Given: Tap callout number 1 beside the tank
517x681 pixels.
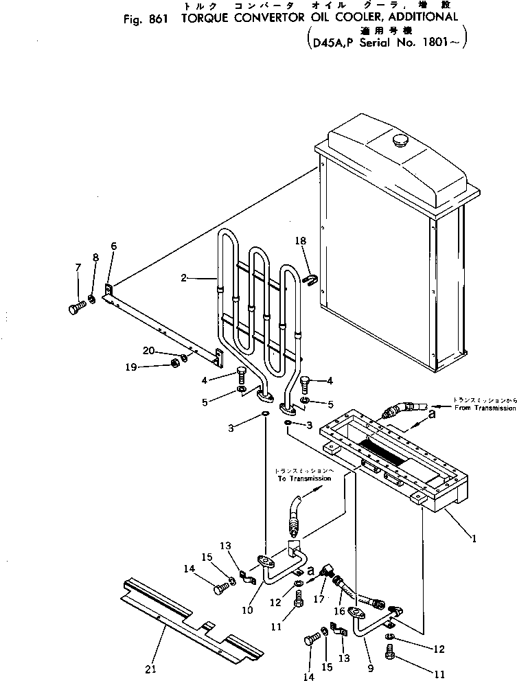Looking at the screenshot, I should coord(473,539).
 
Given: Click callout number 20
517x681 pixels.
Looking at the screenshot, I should coord(147,350).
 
